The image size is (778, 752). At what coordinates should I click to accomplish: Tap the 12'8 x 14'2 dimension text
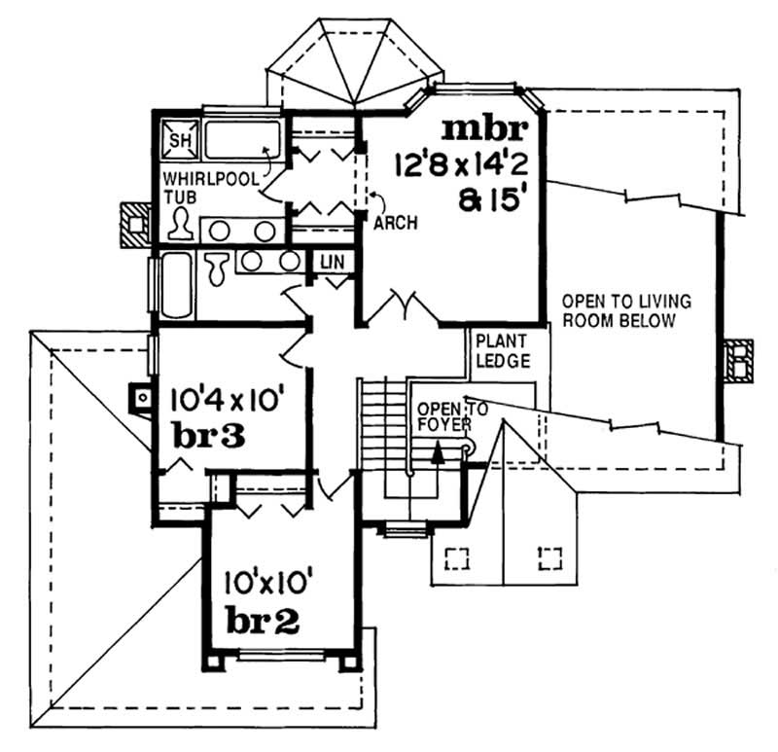coord(461,162)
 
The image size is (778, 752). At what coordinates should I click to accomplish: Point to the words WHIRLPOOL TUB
coord(197,188)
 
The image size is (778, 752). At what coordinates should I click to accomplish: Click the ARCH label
coord(395,223)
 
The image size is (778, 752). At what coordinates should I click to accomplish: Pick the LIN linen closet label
coord(330,263)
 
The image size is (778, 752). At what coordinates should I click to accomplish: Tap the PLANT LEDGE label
coord(502,351)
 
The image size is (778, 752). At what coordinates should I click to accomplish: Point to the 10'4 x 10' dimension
coord(226,399)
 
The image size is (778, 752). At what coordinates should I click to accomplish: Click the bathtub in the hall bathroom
coord(175,284)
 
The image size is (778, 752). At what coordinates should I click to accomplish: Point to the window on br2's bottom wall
coord(283,659)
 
